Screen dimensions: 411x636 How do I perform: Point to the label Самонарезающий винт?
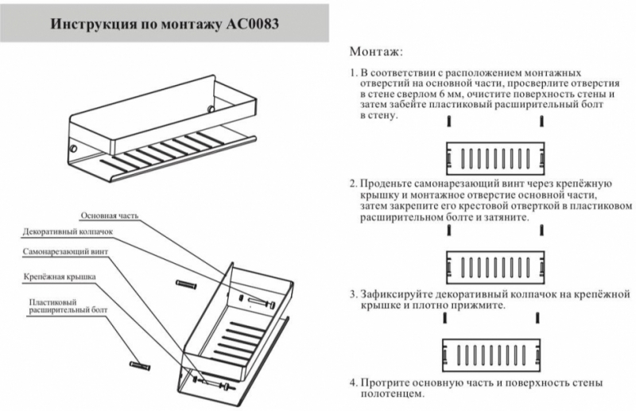point(65,251)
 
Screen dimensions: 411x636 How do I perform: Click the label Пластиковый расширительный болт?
point(63,308)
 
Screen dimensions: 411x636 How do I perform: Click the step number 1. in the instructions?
point(354,72)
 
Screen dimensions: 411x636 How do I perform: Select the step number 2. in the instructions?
point(354,184)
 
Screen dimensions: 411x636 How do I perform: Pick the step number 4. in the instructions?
point(354,382)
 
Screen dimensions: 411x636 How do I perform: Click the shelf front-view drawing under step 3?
point(494,352)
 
